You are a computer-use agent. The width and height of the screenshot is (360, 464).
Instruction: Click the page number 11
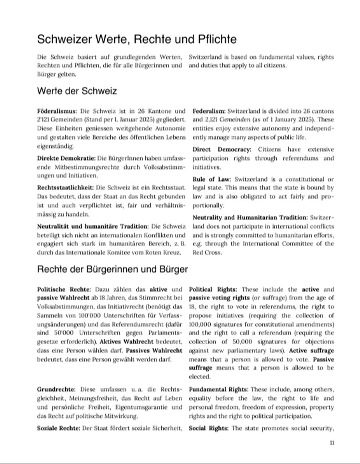pos(332,443)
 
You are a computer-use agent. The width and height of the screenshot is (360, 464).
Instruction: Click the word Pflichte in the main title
pos(217,39)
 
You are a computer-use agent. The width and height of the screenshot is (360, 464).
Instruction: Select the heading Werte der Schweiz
pos(77,91)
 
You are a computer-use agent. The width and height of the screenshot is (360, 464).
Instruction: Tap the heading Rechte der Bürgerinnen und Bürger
pos(112,269)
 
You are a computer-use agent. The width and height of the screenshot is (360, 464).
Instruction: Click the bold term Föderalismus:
pos(57,111)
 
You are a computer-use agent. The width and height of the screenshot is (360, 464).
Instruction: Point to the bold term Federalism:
pos(209,111)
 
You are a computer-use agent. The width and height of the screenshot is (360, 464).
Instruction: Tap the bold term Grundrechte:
pos(56,389)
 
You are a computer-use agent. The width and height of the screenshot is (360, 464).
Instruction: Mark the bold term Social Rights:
pos(208,428)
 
